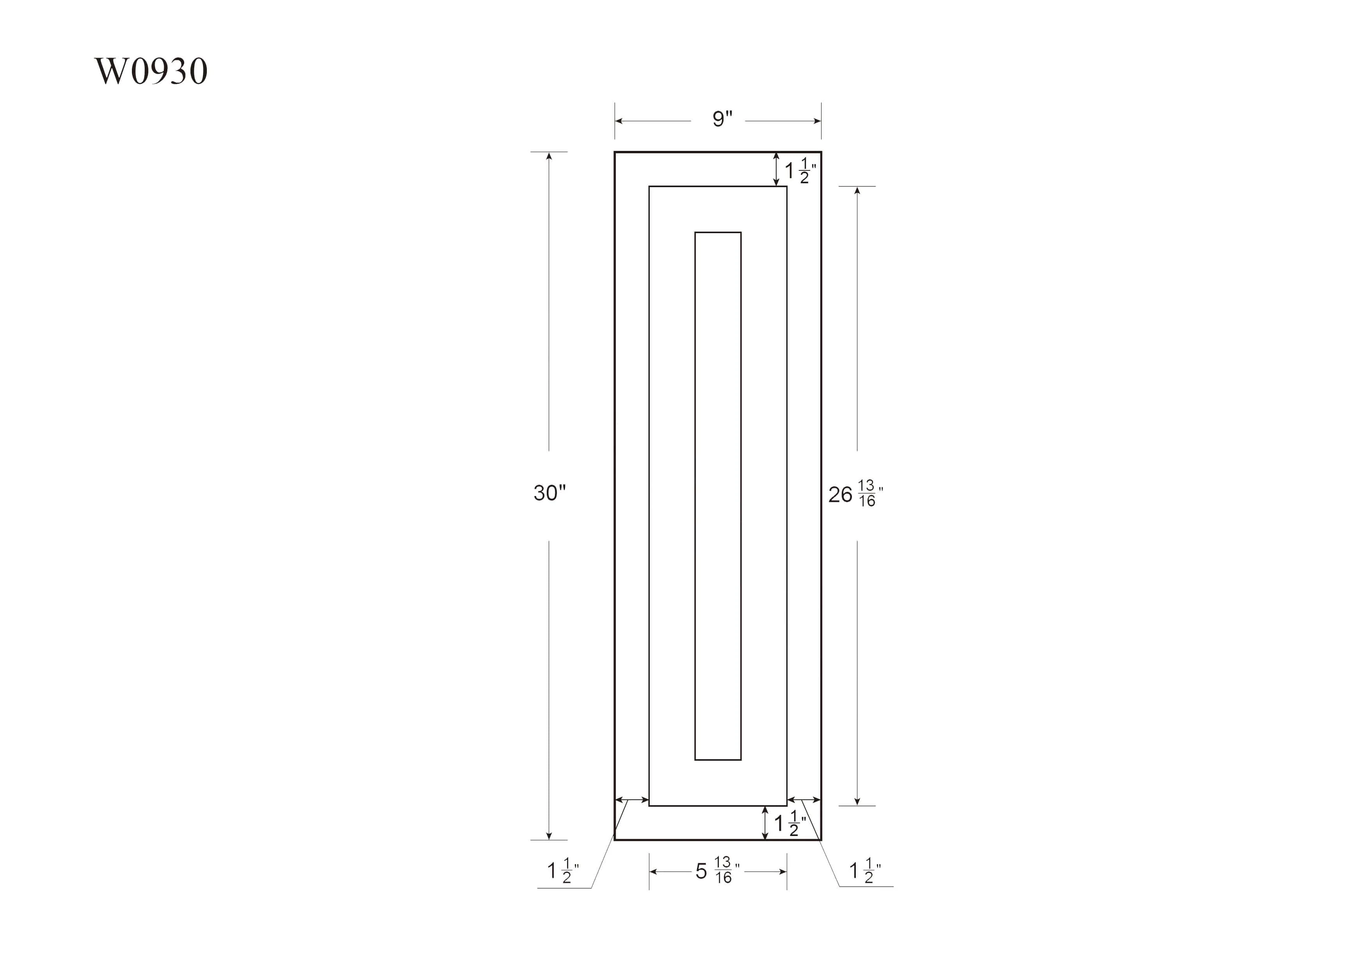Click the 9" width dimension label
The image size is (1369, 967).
pos(722,119)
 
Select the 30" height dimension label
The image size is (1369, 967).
pos(549,493)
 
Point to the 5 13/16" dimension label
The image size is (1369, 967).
pos(717,871)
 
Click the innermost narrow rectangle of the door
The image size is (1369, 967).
pos(718,496)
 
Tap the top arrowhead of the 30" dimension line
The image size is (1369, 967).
pos(549,156)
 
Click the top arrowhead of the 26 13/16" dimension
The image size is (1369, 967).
pos(857,191)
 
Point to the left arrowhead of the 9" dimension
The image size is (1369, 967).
pos(619,121)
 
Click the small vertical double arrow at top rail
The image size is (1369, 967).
pos(776,169)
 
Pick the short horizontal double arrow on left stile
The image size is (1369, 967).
pos(631,800)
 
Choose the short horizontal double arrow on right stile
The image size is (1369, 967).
pos(804,800)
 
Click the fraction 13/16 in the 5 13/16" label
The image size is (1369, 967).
pos(723,870)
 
